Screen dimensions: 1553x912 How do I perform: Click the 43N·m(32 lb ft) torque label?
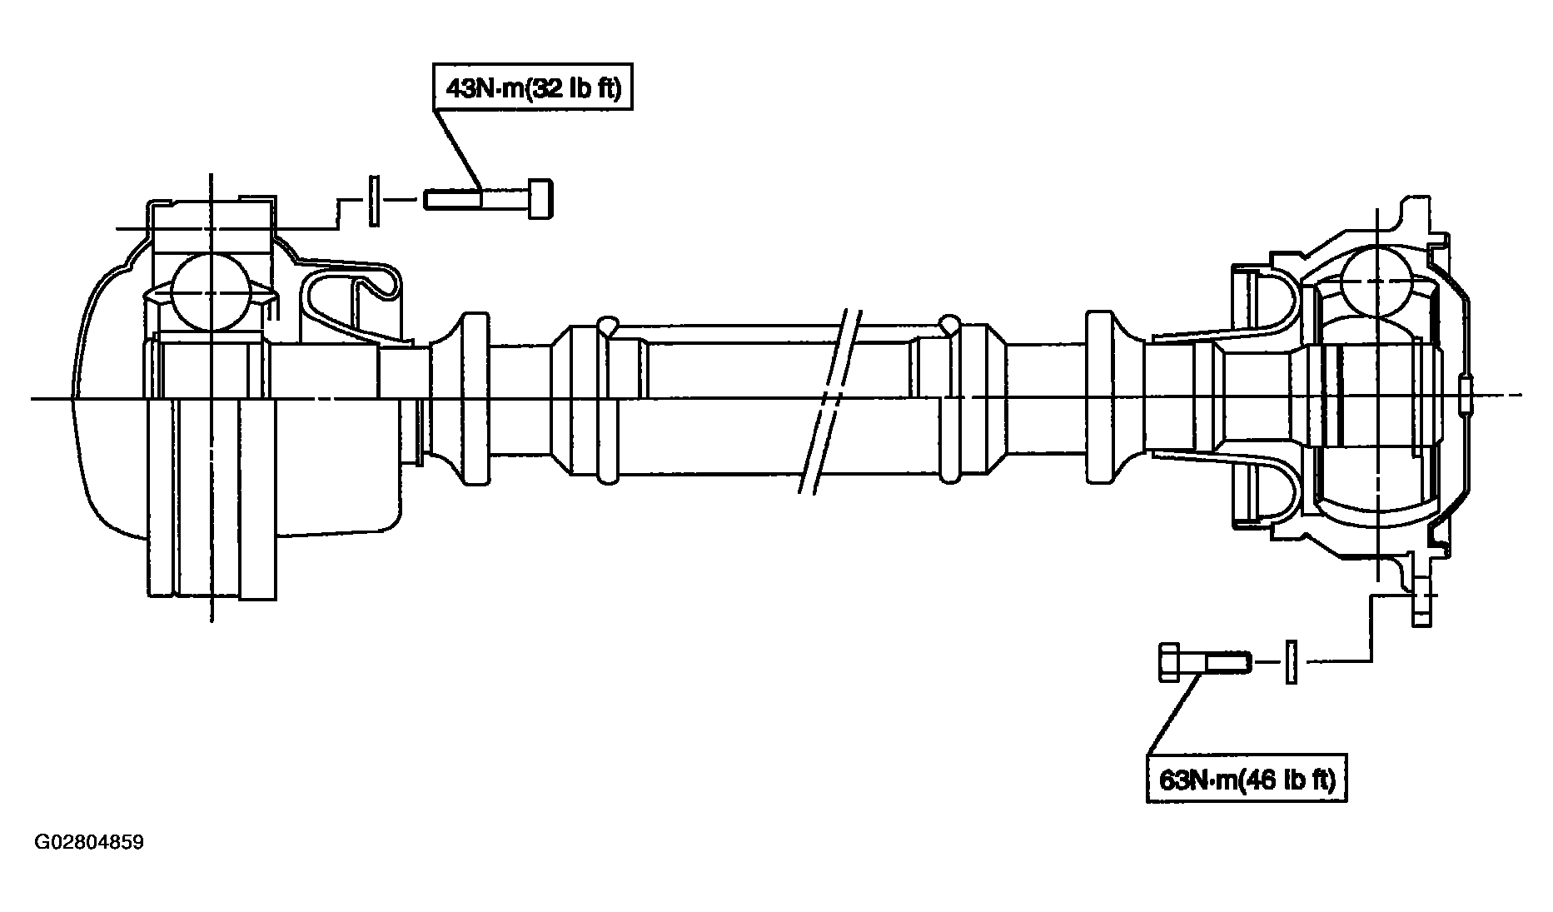(x=533, y=87)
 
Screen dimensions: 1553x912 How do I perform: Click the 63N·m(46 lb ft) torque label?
(x=1247, y=780)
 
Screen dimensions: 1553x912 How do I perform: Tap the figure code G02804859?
(x=89, y=842)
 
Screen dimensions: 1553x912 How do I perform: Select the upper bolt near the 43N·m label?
(x=490, y=200)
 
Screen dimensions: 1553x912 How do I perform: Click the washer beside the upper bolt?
(x=374, y=200)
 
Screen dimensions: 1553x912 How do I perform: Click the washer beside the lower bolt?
(x=1291, y=662)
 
